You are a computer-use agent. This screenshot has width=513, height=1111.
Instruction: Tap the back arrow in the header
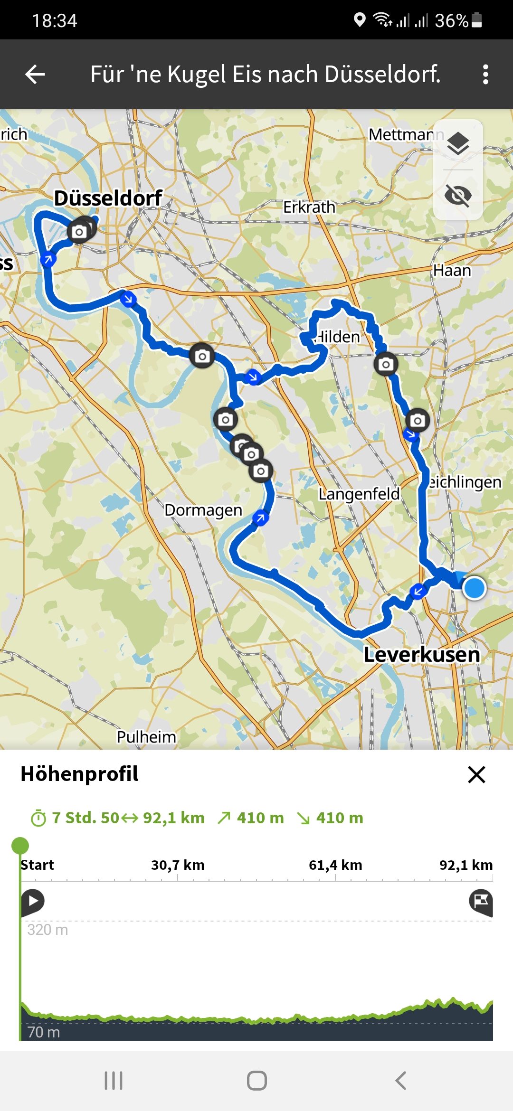35,75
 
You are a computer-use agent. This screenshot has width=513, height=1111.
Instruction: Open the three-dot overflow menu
485,75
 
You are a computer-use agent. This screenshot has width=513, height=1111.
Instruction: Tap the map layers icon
458,144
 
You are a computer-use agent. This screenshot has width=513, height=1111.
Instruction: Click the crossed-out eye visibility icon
458,195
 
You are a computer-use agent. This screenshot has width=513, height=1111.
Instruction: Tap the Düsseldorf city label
108,198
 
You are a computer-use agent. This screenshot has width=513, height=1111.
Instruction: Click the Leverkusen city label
422,655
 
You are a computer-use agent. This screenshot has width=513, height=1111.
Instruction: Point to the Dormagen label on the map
203,510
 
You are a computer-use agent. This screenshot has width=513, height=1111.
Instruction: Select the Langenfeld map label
359,494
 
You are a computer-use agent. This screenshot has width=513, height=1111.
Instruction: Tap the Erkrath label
309,207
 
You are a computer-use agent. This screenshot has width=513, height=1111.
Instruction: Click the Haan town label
452,271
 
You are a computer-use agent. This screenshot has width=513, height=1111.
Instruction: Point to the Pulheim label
146,737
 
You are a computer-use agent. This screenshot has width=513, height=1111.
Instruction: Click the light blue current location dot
474,588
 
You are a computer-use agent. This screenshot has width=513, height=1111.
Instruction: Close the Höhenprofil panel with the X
476,774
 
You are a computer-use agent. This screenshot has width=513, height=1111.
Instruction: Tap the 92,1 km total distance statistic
173,818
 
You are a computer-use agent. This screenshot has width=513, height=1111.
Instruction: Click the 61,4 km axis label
335,865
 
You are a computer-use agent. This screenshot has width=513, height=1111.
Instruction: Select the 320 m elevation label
47,930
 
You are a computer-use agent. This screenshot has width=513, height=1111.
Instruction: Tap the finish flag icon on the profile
481,902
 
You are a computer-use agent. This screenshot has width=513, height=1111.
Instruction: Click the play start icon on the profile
33,901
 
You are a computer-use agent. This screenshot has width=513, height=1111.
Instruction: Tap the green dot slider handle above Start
20,846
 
